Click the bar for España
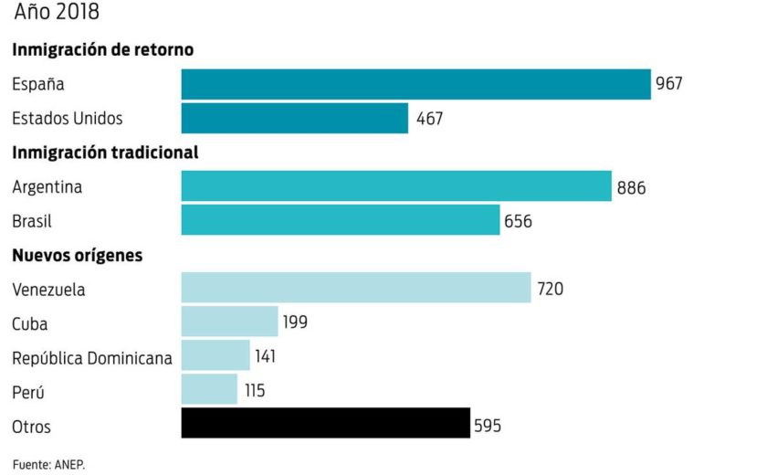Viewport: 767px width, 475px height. [415, 84]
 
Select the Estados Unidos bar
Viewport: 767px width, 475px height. [294, 119]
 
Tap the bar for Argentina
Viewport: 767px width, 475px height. [395, 186]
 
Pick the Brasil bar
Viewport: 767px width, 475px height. [340, 220]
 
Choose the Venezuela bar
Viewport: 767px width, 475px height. [355, 288]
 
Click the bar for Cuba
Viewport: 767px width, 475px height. [229, 322]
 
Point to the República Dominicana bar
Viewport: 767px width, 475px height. [215, 355]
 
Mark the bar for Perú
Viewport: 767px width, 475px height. [209, 389]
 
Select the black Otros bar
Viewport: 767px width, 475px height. [325, 424]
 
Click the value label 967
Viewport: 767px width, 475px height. [669, 85]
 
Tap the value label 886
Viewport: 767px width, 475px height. [631, 188]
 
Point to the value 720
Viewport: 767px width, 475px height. [551, 290]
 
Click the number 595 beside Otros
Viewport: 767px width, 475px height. [488, 426]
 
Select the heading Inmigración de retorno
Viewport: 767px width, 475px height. [103, 50]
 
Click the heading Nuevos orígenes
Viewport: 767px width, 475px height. [78, 256]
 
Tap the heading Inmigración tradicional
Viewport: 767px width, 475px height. [105, 153]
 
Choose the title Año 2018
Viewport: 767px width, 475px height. [57, 13]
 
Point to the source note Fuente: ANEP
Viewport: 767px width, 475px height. [48, 464]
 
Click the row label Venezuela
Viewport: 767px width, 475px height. [49, 290]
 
